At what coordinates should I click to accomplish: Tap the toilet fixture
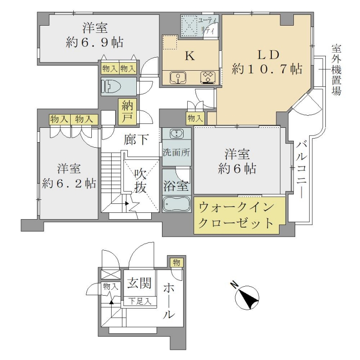111,86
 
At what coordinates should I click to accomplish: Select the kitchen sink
178,77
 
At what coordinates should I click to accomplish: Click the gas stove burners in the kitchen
208,77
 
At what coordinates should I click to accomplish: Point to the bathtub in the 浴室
176,204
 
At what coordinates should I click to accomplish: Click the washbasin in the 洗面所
176,134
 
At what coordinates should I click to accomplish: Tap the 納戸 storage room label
127,112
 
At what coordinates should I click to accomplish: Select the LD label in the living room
268,55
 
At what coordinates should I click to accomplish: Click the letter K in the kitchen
190,55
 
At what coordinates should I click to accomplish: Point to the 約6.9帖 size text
94,42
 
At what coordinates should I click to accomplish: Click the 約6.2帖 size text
69,184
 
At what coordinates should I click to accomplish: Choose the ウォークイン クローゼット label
236,215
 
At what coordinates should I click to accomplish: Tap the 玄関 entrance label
139,283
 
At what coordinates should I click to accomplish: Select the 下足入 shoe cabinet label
139,301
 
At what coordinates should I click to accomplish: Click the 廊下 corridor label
136,139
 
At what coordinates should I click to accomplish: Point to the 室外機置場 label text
336,70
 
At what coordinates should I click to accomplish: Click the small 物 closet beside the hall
176,262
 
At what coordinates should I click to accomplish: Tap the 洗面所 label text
176,152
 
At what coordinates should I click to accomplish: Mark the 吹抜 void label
140,181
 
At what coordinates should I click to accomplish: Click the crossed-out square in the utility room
189,25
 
